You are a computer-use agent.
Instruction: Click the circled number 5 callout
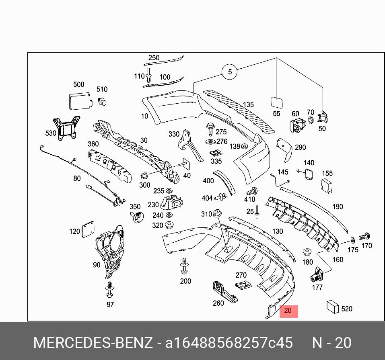pos(230,72)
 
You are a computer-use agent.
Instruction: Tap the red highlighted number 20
pos(288,311)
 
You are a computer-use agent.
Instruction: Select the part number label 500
pos(79,84)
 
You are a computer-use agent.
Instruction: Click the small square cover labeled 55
pos(277,102)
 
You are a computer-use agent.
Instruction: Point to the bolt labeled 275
pos(210,130)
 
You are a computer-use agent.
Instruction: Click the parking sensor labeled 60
pos(296,126)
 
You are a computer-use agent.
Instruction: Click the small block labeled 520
pos(334,307)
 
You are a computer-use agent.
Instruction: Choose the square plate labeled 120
pos(88,230)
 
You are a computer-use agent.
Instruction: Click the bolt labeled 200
pos(185,266)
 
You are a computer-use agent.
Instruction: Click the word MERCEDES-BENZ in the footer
pos(93,343)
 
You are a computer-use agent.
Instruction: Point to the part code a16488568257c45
pos(229,343)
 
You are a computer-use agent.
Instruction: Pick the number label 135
pos(248,105)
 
